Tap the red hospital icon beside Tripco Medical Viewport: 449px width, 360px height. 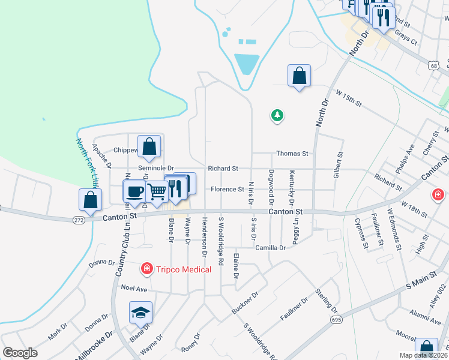146,269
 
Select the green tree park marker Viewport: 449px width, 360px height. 277,115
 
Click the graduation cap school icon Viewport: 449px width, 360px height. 140,313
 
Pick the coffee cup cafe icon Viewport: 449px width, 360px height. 134,191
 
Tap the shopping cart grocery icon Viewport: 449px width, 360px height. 157,192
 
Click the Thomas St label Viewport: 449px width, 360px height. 292,154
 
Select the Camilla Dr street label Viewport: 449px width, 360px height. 270,248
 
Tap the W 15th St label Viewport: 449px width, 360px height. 349,99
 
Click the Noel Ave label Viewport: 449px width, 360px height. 134,288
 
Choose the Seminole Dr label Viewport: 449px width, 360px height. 155,169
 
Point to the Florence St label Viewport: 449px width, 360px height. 227,190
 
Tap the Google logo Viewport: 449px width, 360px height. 20,353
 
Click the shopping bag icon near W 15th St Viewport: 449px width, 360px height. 299,76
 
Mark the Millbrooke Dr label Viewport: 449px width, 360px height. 93,346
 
